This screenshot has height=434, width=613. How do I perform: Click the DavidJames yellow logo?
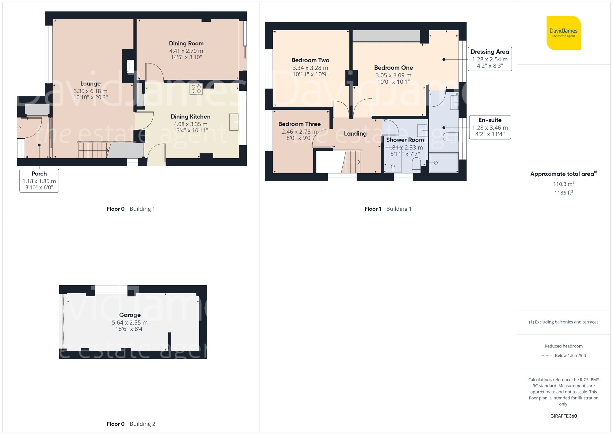click(563, 33)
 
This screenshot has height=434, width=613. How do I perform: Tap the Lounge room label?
click(90, 83)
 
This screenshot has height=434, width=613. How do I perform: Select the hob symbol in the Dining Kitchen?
click(196, 89)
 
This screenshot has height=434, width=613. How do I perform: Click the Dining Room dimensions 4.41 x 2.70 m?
click(186, 51)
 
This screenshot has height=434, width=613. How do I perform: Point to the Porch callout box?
click(39, 181)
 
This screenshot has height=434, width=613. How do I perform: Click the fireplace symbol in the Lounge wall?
click(130, 67)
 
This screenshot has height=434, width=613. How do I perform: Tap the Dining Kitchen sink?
click(234, 122)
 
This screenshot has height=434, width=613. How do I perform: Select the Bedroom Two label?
click(310, 60)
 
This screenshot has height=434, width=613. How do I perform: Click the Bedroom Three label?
click(299, 124)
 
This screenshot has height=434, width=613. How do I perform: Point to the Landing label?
click(355, 133)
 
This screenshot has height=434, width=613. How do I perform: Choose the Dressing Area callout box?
click(489, 59)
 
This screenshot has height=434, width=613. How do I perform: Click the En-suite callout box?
click(489, 127)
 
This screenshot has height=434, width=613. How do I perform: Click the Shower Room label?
click(405, 140)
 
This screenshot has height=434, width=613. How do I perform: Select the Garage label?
click(130, 315)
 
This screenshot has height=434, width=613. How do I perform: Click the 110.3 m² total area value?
click(563, 184)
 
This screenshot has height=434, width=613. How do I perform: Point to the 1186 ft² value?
click(563, 193)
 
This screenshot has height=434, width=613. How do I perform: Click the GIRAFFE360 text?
click(563, 416)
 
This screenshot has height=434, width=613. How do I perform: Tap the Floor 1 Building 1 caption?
click(388, 209)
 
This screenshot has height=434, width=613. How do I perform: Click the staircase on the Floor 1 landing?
click(351, 162)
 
